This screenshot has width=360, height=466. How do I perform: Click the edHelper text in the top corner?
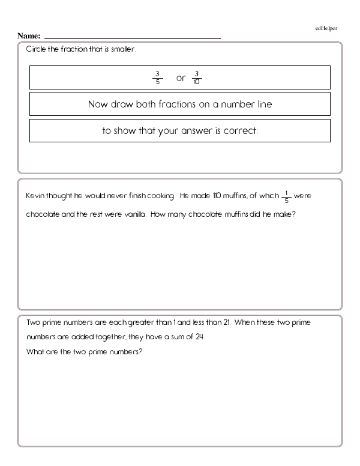pos(326,28)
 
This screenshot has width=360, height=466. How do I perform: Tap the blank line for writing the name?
pos(132,38)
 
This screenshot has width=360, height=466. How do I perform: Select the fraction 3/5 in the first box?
pos(157,78)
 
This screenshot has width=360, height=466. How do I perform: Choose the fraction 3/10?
pos(197,78)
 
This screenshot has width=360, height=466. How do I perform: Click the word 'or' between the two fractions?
pos(181,78)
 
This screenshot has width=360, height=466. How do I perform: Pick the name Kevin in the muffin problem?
pos(35,196)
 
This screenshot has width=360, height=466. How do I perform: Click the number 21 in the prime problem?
pos(226,322)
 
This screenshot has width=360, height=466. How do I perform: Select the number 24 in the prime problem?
pos(200,337)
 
